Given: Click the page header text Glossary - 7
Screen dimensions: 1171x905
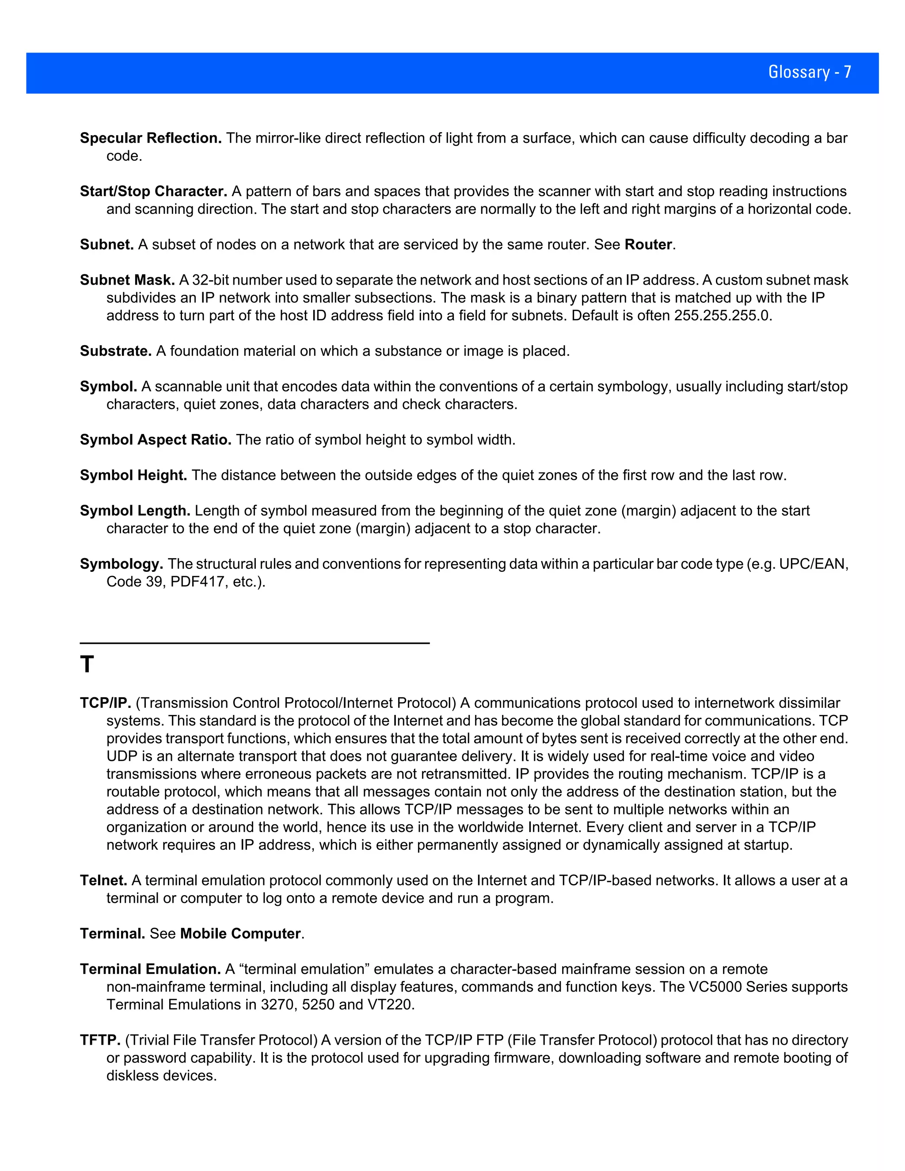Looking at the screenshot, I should tap(809, 72).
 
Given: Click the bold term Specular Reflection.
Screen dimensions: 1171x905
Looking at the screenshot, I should tap(151, 138).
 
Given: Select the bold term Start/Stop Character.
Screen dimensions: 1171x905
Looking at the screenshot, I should tap(153, 191).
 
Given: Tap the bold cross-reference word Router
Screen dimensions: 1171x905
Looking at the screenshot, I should tap(648, 244).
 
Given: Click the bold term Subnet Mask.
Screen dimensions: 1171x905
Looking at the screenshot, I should tap(127, 280).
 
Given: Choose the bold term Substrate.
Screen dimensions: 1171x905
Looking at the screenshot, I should tap(116, 351).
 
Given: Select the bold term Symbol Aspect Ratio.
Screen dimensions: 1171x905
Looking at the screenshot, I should tap(156, 440).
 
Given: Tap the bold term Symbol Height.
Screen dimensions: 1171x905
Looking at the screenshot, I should tap(133, 475).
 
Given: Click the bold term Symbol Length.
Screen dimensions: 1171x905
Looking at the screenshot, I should tap(135, 510).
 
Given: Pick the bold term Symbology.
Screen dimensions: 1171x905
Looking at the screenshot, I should tap(121, 564).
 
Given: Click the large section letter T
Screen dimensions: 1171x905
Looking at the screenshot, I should tap(87, 665).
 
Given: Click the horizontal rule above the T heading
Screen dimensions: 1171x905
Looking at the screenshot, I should tap(255, 643).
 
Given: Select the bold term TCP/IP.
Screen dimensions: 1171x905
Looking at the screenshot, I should tap(105, 703).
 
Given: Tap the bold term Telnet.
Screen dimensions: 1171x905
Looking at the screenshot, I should tap(103, 880).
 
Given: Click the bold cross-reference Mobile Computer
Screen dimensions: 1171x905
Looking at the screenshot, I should tap(240, 933).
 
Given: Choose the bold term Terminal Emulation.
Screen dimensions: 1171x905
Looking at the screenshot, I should tap(150, 969).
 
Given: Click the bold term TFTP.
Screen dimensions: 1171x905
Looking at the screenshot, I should tap(100, 1040).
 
